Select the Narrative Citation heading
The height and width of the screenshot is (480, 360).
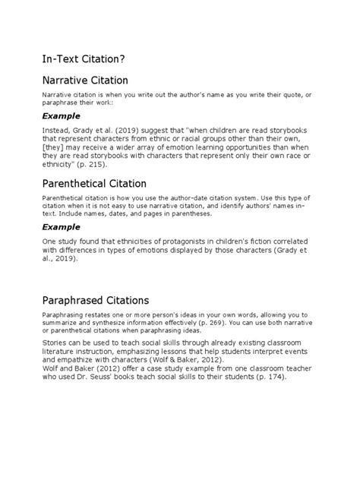click(85, 80)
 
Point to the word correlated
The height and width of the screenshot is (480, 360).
click(296, 241)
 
